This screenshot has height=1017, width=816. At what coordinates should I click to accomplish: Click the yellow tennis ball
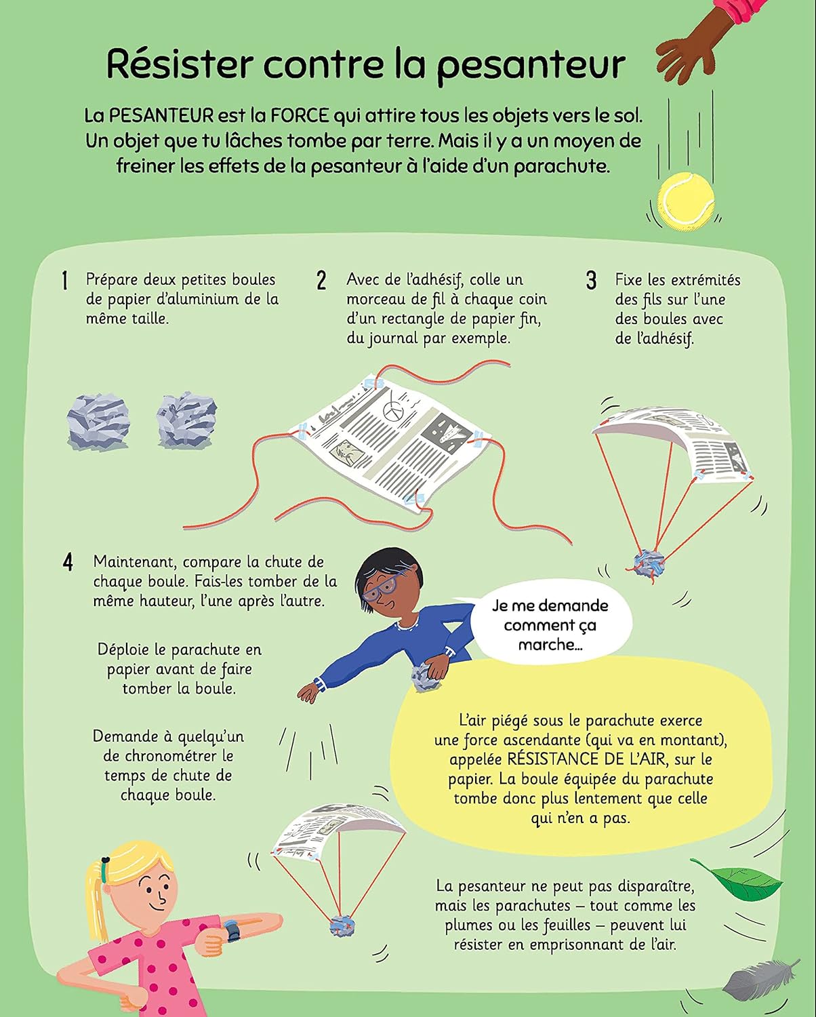[687, 199]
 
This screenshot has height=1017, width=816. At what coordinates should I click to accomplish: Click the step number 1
[65, 281]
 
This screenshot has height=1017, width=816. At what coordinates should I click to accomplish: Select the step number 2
[321, 280]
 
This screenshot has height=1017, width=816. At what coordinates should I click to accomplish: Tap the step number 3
[591, 280]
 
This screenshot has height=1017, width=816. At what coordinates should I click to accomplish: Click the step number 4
[68, 562]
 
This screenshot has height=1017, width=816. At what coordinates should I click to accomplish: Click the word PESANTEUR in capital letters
[161, 116]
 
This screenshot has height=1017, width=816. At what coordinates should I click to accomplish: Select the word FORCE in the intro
[300, 116]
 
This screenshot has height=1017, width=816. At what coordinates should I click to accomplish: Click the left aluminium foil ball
[98, 422]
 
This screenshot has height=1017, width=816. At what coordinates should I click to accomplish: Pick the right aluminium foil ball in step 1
[186, 420]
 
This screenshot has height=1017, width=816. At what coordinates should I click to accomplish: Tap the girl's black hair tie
[108, 860]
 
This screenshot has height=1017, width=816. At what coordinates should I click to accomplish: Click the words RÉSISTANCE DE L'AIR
[586, 759]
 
